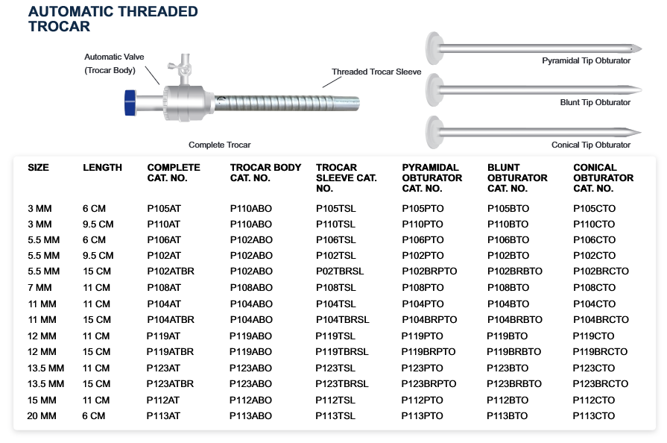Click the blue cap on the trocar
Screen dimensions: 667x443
130,103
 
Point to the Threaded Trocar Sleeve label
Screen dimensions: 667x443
376,72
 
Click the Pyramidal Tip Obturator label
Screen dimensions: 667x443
587,61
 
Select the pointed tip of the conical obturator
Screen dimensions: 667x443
640,133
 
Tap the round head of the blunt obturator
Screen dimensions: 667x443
434,89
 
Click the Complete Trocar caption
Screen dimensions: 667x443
220,145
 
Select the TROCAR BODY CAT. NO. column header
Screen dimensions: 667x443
265,173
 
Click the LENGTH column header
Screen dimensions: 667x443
103,168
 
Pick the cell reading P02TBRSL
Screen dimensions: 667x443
340,271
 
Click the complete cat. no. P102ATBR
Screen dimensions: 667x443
171,271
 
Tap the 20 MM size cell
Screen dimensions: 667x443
42,415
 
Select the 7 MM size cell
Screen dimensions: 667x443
39,288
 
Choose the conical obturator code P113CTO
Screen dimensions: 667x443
593,415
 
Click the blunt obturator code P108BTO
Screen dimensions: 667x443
508,288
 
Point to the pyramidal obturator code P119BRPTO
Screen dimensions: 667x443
429,352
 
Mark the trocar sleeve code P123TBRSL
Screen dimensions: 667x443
342,384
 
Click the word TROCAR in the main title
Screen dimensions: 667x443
60,26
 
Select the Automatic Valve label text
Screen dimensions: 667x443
114,57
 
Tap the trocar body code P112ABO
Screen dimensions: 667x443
250,400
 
